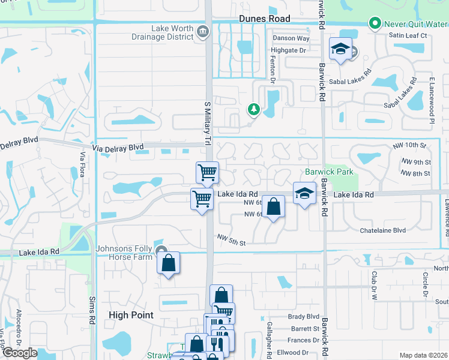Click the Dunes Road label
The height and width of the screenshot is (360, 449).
264,19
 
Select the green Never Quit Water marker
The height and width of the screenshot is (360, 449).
375,24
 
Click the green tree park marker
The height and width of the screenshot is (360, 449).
254,109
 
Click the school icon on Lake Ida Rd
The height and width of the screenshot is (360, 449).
304,193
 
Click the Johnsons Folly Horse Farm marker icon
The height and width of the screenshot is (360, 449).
160,250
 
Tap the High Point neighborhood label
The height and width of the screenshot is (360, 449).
131,314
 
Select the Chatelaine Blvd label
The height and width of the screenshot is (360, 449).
382,230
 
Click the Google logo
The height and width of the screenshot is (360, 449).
19,352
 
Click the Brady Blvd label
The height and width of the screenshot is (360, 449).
304,317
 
